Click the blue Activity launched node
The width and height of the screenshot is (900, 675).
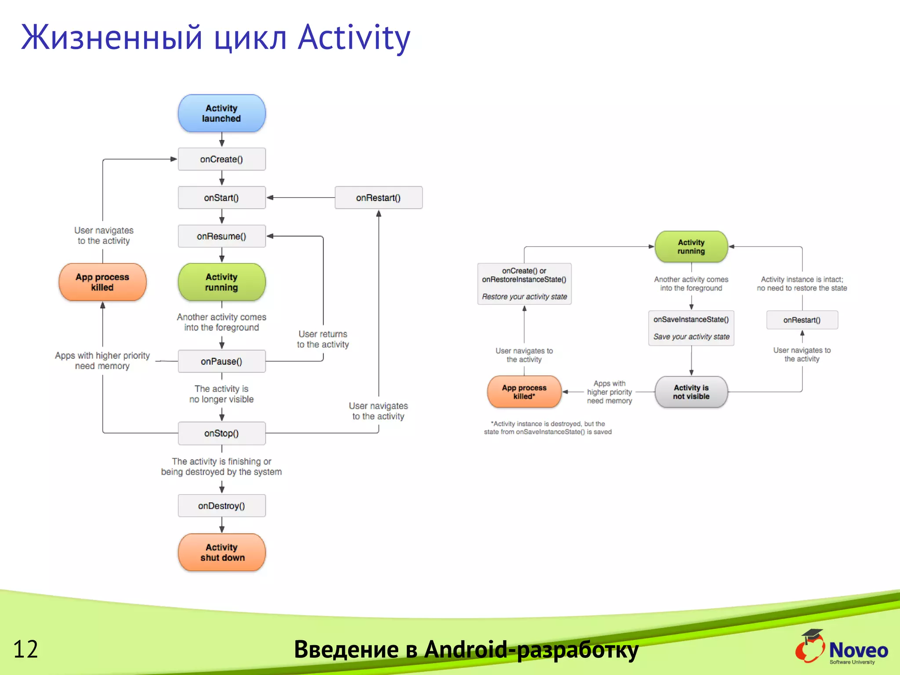tap(221, 113)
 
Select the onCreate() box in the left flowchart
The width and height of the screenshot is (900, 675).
tap(221, 159)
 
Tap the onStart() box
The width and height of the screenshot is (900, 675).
tap(221, 198)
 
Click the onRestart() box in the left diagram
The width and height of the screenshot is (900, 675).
tap(378, 198)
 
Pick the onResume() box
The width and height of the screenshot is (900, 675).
tap(221, 236)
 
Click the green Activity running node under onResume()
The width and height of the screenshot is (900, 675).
tap(221, 282)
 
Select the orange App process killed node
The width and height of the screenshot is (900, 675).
tap(102, 282)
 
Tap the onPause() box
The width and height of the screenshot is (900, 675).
tap(221, 361)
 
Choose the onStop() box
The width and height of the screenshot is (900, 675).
tap(221, 433)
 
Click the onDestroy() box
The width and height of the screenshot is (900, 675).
tap(221, 506)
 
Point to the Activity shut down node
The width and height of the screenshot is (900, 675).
tap(221, 552)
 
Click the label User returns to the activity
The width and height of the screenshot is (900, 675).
tap(323, 339)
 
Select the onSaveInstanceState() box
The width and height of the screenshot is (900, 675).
tap(691, 328)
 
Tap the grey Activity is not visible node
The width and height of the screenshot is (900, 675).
tap(691, 392)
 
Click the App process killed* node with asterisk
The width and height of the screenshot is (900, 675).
tap(524, 392)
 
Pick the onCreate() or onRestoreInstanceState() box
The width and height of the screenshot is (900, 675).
tap(524, 283)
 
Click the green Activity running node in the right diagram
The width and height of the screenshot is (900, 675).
tap(691, 247)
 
